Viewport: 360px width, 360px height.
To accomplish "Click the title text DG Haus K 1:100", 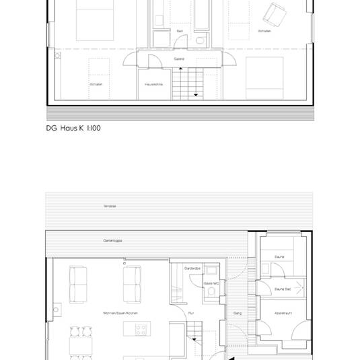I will pos(73,127).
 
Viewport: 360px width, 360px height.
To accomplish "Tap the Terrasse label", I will pos(110,205).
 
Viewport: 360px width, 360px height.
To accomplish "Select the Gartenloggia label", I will pos(112,240).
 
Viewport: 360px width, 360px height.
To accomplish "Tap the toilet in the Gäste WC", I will pos(211,272).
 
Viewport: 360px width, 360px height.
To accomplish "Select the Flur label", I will pos(191,314).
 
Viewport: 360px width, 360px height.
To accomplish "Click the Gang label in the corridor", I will pos(237,314).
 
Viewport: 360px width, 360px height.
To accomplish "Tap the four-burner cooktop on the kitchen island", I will pos(142,330).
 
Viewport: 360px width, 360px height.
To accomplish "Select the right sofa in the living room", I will pos(133,285).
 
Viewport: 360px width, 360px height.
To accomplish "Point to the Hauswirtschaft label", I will pos(154,84).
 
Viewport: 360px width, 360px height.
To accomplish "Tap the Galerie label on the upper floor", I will pos(179,59).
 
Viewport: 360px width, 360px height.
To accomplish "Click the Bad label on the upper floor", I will pos(180,31).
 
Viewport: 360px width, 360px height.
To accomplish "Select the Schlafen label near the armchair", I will pos(264,31).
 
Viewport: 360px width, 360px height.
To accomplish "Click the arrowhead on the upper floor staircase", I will pos(196,95).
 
